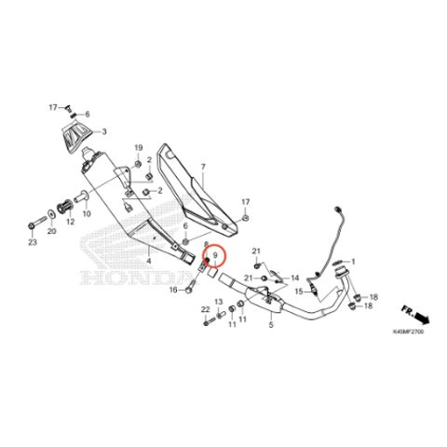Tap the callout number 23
[x=33, y=242]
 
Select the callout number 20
[x=51, y=231]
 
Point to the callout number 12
[x=71, y=222]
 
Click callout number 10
[x=87, y=214]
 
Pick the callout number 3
[x=104, y=132]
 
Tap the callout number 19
[x=139, y=148]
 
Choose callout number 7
[x=203, y=167]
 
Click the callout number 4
[x=149, y=261]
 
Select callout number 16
[x=173, y=290]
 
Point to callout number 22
[x=206, y=309]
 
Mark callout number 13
[x=219, y=302]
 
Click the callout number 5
[x=271, y=325]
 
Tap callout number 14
[x=294, y=278]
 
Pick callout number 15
[x=299, y=291]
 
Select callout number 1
[x=353, y=262]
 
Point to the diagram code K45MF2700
[x=408, y=332]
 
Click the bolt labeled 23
[x=37, y=223]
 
